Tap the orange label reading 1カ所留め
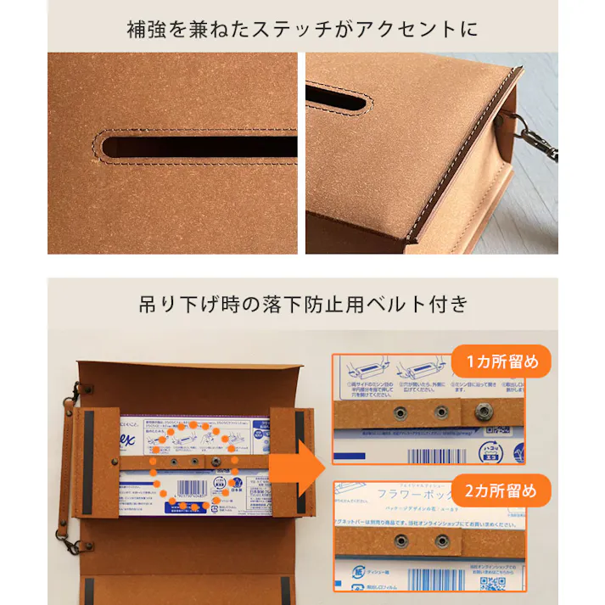(501, 361)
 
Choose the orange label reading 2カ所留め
(501, 490)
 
